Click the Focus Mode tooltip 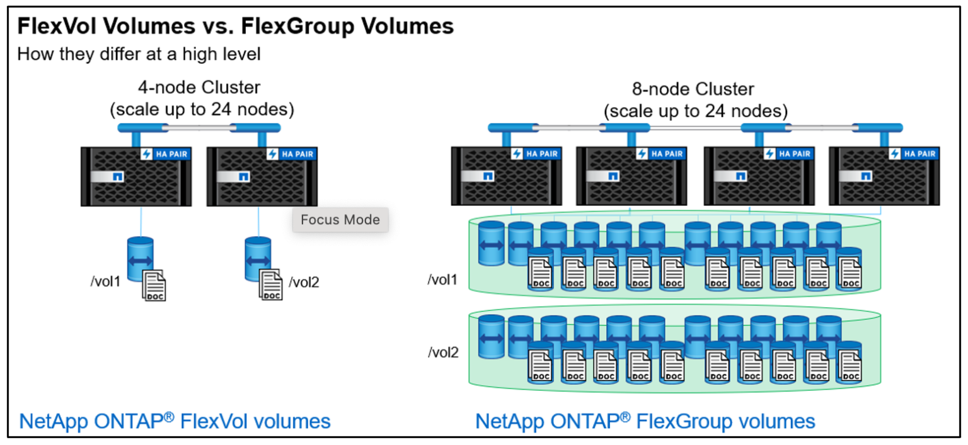340,220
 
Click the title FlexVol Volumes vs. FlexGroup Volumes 235,26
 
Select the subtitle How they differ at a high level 139,54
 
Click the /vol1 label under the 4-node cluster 105,281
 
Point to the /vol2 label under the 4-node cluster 304,283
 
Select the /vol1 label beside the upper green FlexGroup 443,279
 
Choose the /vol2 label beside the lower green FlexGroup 443,352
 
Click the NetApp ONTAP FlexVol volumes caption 175,421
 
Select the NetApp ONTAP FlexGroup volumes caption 645,421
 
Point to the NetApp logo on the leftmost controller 117,177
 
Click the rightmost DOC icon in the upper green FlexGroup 848,274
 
